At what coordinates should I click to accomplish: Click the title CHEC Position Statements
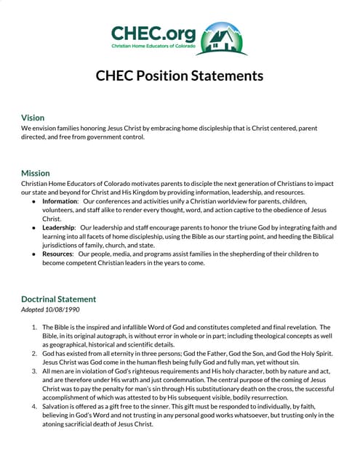tap(180, 76)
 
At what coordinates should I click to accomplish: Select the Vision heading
tap(33, 118)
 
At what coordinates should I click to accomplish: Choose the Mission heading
tap(36, 173)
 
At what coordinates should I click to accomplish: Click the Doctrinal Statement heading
tap(58, 299)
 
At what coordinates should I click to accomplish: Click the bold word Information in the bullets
tap(60, 201)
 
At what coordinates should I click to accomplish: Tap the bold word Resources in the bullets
tap(58, 254)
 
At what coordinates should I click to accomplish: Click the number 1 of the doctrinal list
tap(34, 328)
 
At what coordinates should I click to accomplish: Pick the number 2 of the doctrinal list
tap(34, 354)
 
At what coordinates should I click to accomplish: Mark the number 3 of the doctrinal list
tap(34, 371)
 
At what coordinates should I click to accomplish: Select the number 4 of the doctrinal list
tap(34, 406)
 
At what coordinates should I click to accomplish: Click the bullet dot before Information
tap(33, 201)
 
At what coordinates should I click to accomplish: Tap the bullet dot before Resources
tap(33, 254)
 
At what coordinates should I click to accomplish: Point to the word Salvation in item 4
tap(58, 406)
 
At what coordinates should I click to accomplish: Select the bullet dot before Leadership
tap(33, 227)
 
